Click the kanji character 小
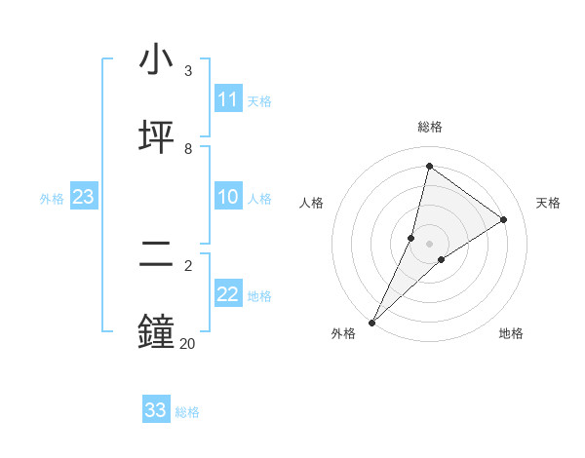[x=156, y=59]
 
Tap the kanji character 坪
[x=156, y=136]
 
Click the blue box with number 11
[x=228, y=99]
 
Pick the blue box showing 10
[x=228, y=198]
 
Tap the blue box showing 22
[x=228, y=295]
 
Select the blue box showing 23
[x=84, y=198]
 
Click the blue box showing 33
[x=156, y=410]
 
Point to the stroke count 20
[x=187, y=343]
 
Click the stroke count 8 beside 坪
[x=188, y=148]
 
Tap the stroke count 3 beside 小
[x=188, y=71]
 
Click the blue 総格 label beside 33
[x=187, y=412]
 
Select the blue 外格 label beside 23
[x=52, y=199]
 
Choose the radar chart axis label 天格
[x=548, y=203]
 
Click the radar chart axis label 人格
[x=311, y=203]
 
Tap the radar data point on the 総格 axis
[x=429, y=166]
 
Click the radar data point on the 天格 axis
[x=503, y=219]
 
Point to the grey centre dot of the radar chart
[x=429, y=243]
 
